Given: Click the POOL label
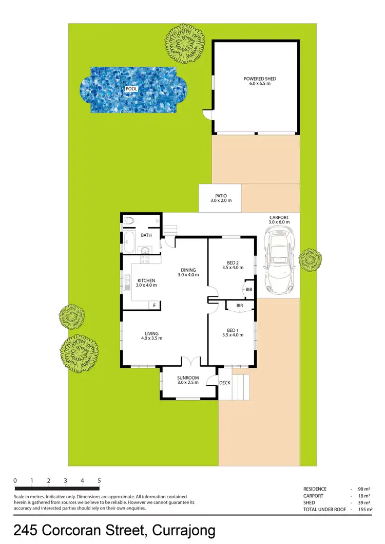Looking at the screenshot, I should point(132,89).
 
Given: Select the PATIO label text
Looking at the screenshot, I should point(220,198).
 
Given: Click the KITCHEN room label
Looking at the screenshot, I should point(146,283).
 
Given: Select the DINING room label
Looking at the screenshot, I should point(188,273).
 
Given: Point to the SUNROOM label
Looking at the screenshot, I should point(188,380).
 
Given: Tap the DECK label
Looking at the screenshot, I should point(225,383).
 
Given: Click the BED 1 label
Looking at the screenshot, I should point(233,333).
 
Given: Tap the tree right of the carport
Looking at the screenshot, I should point(310,259).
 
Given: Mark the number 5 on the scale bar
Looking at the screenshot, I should point(99,481).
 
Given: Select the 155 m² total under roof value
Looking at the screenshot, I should point(363,509).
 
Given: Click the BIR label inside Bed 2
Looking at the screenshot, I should point(249,290).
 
